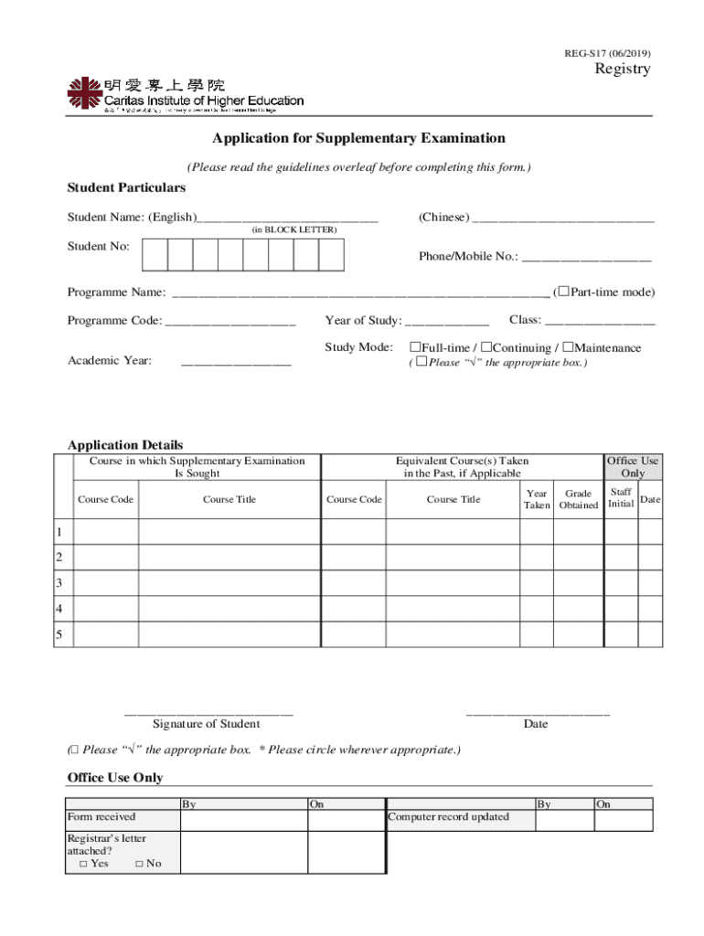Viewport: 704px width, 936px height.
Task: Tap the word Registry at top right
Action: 623,70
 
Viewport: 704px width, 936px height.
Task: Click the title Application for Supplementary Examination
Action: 358,139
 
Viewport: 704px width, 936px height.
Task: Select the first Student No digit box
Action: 155,255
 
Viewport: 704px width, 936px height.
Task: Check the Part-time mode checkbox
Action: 563,292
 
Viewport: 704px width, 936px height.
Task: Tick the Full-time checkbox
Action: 415,347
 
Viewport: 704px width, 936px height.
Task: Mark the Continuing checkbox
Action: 486,347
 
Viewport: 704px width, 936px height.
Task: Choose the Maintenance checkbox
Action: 568,347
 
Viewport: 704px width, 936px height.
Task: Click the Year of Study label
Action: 363,320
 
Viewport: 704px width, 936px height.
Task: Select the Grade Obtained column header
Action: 579,499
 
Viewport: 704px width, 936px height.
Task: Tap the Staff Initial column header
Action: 621,498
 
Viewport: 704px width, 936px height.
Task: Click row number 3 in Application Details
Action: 59,583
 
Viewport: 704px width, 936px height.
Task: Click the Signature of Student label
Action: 206,724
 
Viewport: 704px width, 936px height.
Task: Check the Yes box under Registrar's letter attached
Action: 83,864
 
